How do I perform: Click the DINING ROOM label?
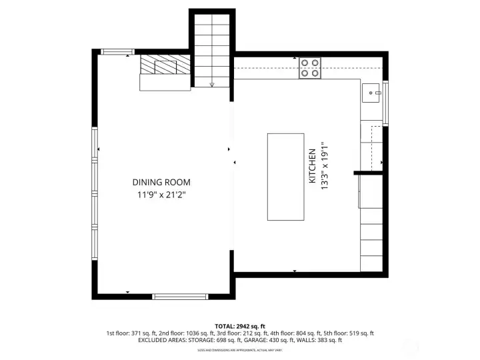pyautogui.click(x=161, y=182)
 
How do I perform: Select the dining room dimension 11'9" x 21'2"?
pyautogui.click(x=161, y=195)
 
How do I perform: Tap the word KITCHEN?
pyautogui.click(x=311, y=166)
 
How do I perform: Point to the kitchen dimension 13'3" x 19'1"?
pyautogui.click(x=325, y=166)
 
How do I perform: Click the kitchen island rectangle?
pyautogui.click(x=285, y=177)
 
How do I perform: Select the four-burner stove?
pyautogui.click(x=309, y=69)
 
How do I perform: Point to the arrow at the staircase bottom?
pyautogui.click(x=212, y=85)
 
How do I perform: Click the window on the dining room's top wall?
pyautogui.click(x=117, y=52)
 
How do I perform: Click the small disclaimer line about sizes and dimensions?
pyautogui.click(x=239, y=350)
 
